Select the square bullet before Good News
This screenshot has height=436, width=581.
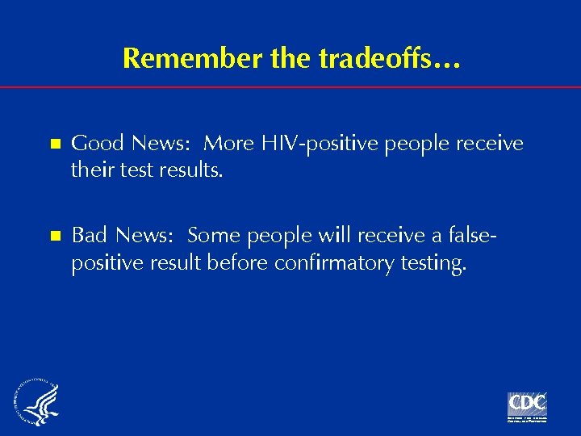point(56,145)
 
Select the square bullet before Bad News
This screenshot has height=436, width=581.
point(56,236)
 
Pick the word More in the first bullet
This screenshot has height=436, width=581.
point(229,144)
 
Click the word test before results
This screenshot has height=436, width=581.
point(136,171)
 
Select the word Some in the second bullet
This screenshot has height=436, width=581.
point(215,235)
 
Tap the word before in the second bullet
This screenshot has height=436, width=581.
point(240,262)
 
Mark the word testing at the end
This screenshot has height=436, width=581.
point(435,262)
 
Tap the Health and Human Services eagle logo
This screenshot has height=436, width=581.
point(36,404)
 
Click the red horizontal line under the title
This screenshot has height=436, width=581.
point(290,86)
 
